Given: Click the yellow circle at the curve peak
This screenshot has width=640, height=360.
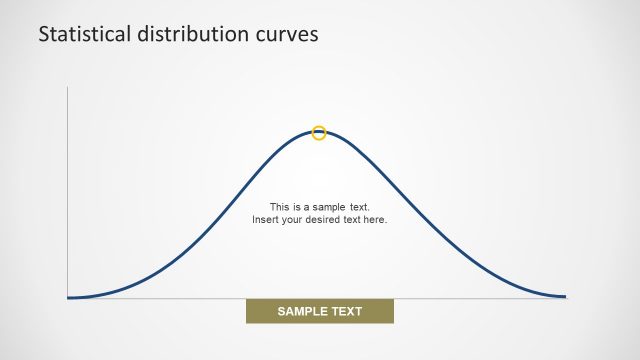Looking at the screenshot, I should tap(319, 132).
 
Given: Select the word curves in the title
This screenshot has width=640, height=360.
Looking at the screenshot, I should tap(288, 33).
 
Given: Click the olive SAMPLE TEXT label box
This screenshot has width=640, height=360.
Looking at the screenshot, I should tap(320, 311).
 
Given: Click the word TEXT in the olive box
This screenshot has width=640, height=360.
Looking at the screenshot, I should tap(345, 311).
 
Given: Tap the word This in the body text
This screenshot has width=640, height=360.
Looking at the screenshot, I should tap(279, 207).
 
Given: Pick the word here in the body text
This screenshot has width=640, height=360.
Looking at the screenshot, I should tap(376, 219).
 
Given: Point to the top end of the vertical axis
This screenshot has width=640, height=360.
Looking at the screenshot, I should tap(67, 87).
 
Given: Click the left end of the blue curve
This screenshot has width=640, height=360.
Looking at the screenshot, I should tap(68, 297).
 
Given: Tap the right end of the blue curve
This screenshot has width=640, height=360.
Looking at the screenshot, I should tap(566, 296).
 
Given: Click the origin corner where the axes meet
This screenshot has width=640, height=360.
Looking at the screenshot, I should tap(67, 298).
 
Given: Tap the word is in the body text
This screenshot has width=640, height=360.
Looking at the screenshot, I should tap(296, 207).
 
